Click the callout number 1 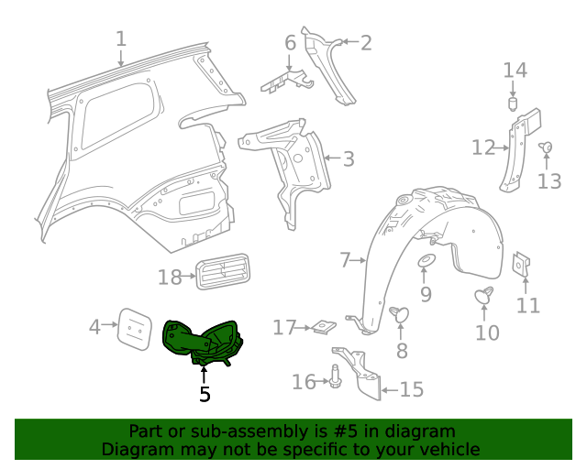121,38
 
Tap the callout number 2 365,42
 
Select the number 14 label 515,71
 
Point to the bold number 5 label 205,394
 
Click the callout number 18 171,277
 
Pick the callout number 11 528,305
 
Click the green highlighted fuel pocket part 200,340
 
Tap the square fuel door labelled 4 134,329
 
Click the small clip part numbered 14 515,103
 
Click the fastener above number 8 400,314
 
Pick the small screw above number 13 546,147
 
